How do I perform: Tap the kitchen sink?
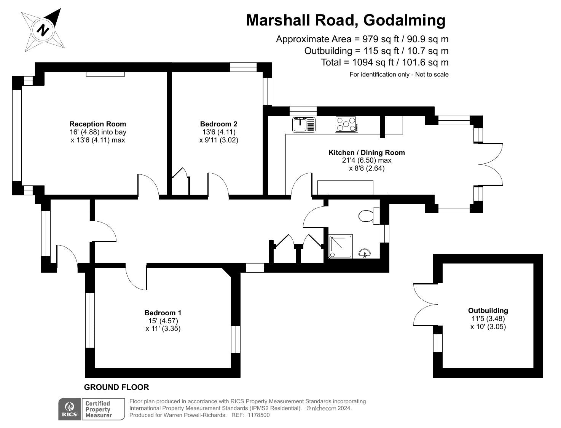(304, 125)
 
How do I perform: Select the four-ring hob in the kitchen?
(346, 124)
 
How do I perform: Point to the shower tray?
(340, 246)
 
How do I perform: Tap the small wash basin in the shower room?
(365, 253)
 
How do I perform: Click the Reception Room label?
(98, 124)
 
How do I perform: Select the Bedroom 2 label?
(218, 124)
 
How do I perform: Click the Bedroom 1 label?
(163, 313)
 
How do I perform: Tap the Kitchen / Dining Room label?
(367, 153)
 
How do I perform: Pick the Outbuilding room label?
(488, 311)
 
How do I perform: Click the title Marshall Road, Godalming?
(346, 20)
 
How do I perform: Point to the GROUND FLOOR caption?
(116, 387)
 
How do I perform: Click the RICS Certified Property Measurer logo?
(92, 409)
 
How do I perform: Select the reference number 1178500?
(258, 415)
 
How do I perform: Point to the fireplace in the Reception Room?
(105, 74)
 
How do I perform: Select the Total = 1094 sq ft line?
(384, 62)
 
